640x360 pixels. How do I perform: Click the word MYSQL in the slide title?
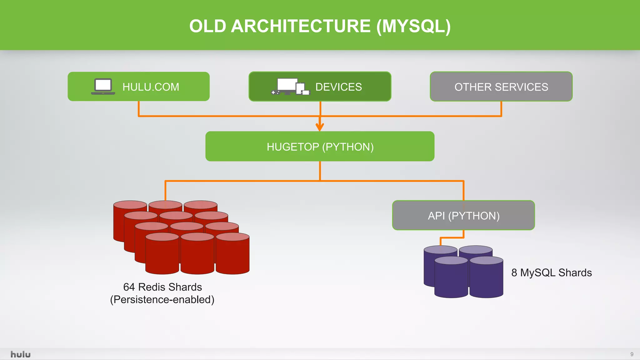click(x=413, y=26)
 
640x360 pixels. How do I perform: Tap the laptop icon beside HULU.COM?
click(x=103, y=86)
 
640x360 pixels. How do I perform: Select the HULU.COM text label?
click(x=151, y=87)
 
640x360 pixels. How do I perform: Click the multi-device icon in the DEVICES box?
click(x=290, y=87)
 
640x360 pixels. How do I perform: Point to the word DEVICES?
click(x=338, y=87)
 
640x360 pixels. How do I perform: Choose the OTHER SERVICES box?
click(x=501, y=87)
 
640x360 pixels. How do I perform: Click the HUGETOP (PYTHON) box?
click(x=320, y=147)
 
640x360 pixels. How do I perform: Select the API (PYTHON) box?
click(x=463, y=216)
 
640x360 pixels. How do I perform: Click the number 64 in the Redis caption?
click(x=129, y=287)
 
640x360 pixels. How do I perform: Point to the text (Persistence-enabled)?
click(x=162, y=300)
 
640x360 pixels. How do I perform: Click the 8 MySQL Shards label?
click(x=551, y=272)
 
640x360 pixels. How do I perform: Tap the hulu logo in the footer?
click(x=21, y=354)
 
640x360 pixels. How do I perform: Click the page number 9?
click(x=632, y=354)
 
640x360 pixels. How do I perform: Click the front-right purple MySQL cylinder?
click(x=486, y=278)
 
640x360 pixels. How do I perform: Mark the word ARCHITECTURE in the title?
click(x=301, y=26)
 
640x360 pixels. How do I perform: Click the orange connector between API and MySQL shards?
click(x=452, y=238)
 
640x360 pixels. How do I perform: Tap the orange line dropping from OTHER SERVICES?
click(x=501, y=108)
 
